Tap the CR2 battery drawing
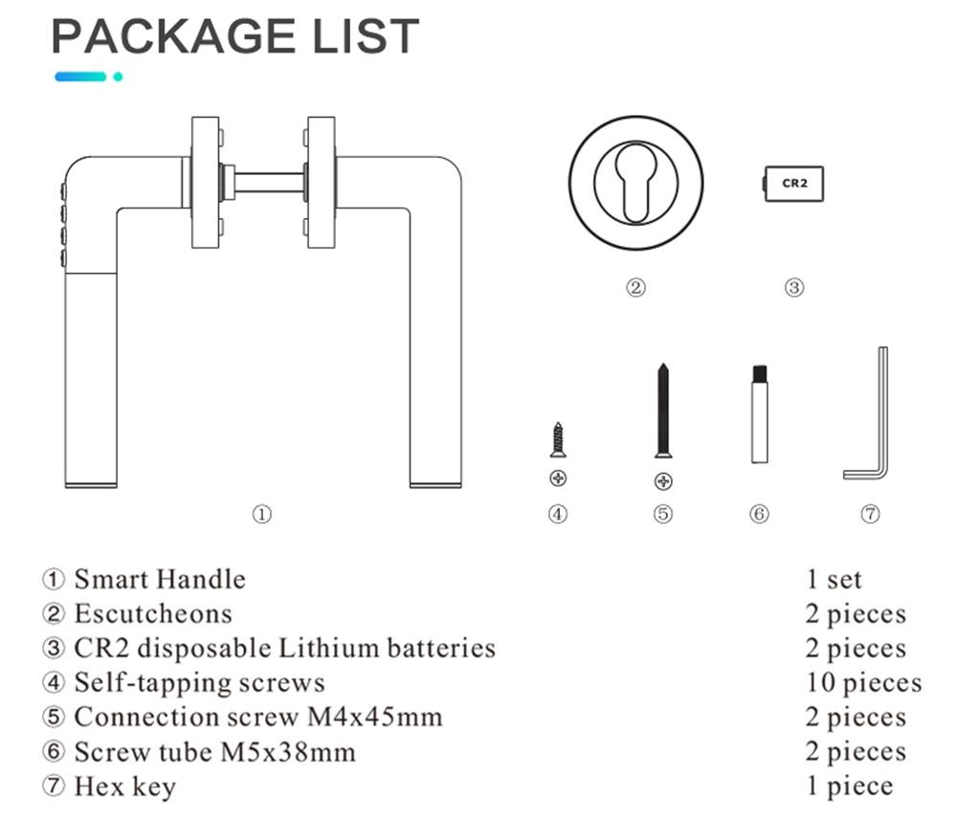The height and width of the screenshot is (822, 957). pyautogui.click(x=793, y=182)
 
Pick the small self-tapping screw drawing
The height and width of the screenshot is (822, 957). pyautogui.click(x=558, y=440)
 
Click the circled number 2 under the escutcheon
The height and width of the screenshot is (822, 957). pyautogui.click(x=636, y=287)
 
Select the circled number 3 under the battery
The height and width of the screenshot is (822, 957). pyautogui.click(x=793, y=287)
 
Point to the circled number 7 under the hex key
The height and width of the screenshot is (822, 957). pyautogui.click(x=870, y=515)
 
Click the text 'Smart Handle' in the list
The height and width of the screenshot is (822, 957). pyautogui.click(x=160, y=580)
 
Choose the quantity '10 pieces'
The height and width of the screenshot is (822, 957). pyautogui.click(x=862, y=683)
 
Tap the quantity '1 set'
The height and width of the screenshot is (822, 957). pyautogui.click(x=833, y=580)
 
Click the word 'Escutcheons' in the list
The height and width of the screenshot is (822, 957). pyautogui.click(x=153, y=614)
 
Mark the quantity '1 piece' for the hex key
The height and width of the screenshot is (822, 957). pyautogui.click(x=849, y=787)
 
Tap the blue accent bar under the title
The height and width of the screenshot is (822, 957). pyautogui.click(x=80, y=77)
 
